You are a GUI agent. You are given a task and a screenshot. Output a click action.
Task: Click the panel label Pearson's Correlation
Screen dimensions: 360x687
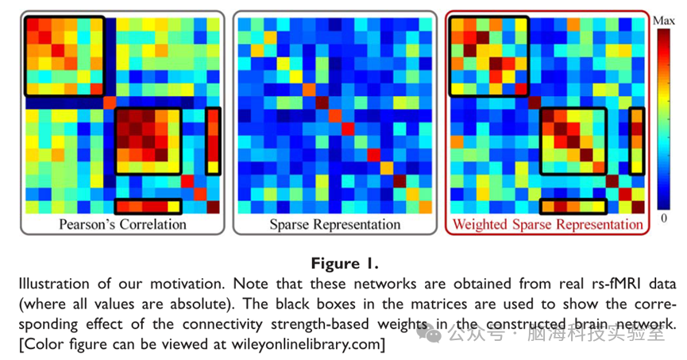[x=122, y=224]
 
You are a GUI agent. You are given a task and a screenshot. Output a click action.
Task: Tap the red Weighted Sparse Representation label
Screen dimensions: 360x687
[x=547, y=224]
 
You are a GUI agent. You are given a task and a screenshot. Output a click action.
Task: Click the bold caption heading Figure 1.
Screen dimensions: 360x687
[x=344, y=261]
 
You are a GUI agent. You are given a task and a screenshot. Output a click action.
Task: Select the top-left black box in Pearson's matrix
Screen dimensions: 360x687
[x=64, y=56]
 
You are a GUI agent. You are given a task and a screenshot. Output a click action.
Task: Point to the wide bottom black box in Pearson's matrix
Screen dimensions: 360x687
[x=149, y=207]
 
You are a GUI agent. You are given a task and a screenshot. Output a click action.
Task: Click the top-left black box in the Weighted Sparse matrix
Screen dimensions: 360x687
[x=488, y=56]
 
